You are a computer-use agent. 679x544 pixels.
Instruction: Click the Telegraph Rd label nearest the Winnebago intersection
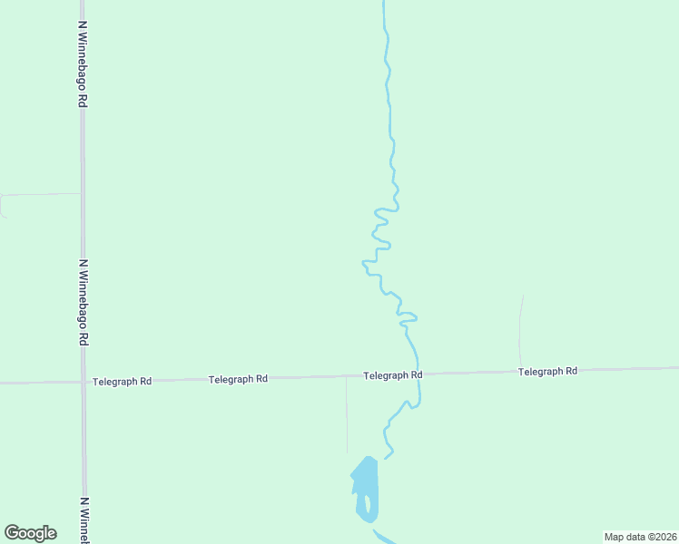[x=122, y=382]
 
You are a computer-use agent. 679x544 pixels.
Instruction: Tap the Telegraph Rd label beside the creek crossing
[x=392, y=374]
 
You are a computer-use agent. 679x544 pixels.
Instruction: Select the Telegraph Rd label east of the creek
[x=547, y=372]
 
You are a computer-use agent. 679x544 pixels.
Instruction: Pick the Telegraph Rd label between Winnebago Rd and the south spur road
[x=238, y=379]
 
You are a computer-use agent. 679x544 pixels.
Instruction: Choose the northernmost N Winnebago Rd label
[x=83, y=64]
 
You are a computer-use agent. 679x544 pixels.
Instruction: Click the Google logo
[x=30, y=533]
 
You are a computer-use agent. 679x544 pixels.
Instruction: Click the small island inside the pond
[x=368, y=504]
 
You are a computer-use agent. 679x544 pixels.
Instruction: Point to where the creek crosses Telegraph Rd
[x=418, y=374]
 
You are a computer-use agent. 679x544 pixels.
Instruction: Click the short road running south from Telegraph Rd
[x=346, y=417]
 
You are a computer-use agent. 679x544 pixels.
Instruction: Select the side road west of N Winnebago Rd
[x=36, y=195]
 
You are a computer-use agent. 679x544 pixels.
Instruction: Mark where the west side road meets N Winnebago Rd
[x=82, y=193]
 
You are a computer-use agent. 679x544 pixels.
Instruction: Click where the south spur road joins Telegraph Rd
[x=346, y=377]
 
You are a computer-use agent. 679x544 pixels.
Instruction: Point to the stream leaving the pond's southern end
[x=383, y=537]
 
